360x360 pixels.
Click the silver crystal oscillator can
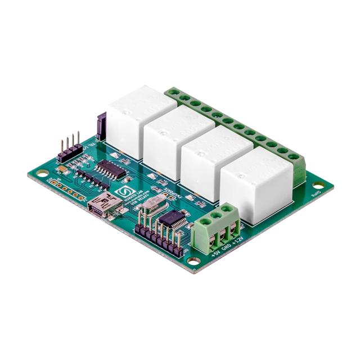[151, 209]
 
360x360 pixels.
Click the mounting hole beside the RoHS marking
[318, 185]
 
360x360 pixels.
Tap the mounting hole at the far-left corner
[41, 174]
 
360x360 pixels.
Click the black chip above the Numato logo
[110, 169]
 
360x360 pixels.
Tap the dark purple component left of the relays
[102, 126]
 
